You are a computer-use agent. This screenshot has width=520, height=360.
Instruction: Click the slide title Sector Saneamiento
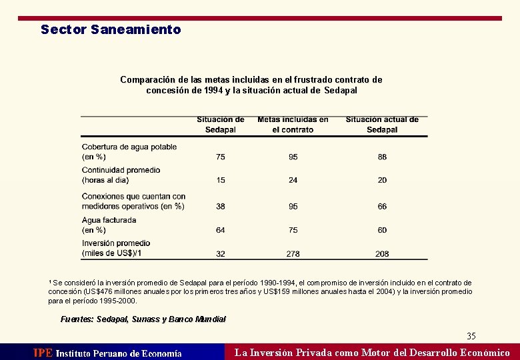click(x=111, y=29)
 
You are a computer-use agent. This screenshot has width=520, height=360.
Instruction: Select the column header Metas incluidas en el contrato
click(x=293, y=125)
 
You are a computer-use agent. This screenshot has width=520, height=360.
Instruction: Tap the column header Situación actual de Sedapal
click(x=382, y=125)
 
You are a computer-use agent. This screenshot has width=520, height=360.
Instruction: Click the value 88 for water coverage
click(x=382, y=157)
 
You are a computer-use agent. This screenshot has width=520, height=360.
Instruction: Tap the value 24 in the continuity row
click(x=293, y=180)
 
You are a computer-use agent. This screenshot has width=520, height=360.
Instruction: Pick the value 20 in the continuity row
click(x=382, y=180)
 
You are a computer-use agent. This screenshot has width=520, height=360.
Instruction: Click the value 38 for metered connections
click(x=221, y=207)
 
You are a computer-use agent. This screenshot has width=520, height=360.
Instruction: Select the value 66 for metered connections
click(x=382, y=207)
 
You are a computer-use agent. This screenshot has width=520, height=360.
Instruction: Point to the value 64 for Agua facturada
click(x=221, y=230)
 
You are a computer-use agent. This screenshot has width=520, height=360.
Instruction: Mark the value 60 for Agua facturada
click(x=382, y=230)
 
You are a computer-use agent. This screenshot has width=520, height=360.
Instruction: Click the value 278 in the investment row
click(x=293, y=254)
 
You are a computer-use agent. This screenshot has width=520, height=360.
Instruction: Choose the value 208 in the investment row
click(x=382, y=254)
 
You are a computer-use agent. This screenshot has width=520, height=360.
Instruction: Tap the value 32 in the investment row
click(x=221, y=254)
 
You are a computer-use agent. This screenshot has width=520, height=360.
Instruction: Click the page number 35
click(x=471, y=336)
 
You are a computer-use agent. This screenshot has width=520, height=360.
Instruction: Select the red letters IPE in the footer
click(x=43, y=353)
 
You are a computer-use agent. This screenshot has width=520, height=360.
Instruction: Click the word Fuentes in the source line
click(x=76, y=319)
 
